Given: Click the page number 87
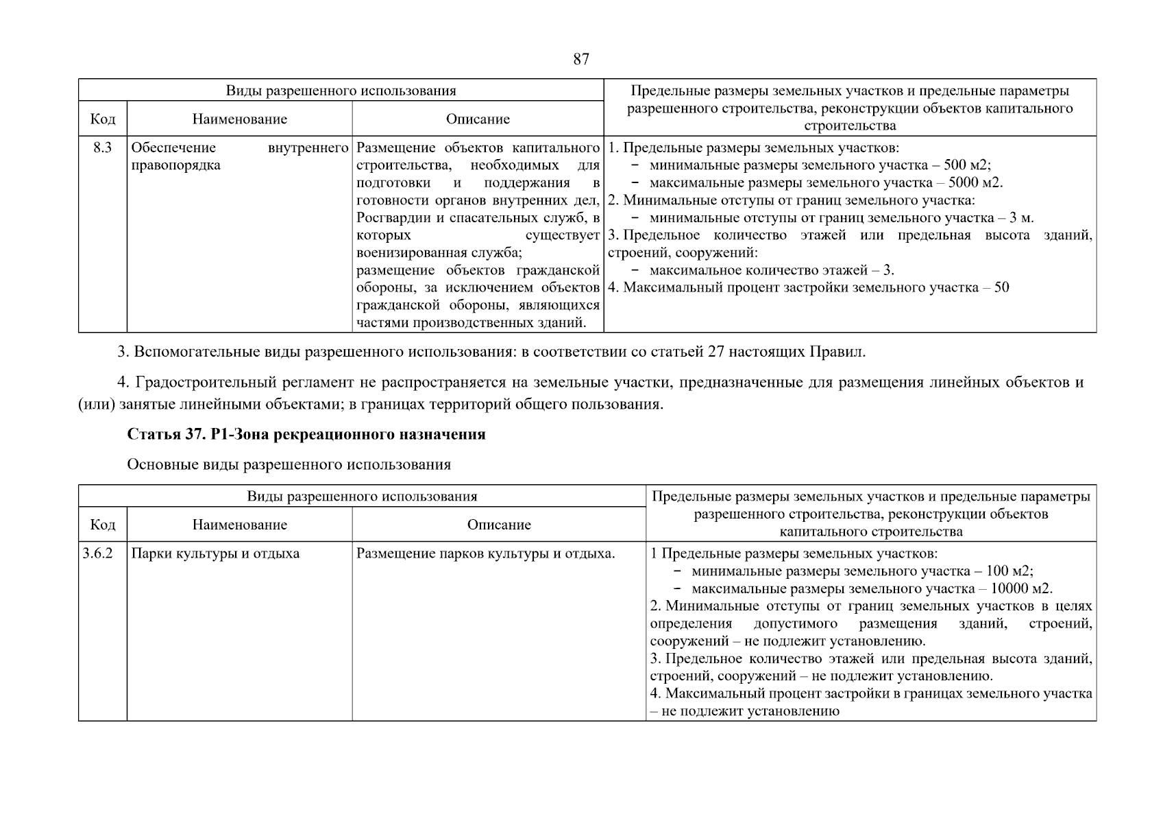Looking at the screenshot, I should [x=580, y=60].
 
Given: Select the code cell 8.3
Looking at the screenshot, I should [x=103, y=148].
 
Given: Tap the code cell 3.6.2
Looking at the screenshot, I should [x=97, y=553].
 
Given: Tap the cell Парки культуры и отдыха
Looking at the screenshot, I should [x=215, y=553].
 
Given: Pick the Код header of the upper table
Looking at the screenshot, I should [x=103, y=119].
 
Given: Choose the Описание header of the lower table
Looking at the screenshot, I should [x=498, y=525].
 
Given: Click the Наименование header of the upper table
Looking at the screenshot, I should [x=239, y=119].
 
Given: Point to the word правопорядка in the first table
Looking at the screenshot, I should [x=175, y=166].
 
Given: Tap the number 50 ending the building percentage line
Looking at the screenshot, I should [x=1001, y=288].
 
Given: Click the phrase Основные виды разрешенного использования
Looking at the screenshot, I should [x=289, y=465].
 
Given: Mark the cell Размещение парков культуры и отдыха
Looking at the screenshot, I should [x=485, y=553].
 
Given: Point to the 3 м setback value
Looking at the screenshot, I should [x=1021, y=218].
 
